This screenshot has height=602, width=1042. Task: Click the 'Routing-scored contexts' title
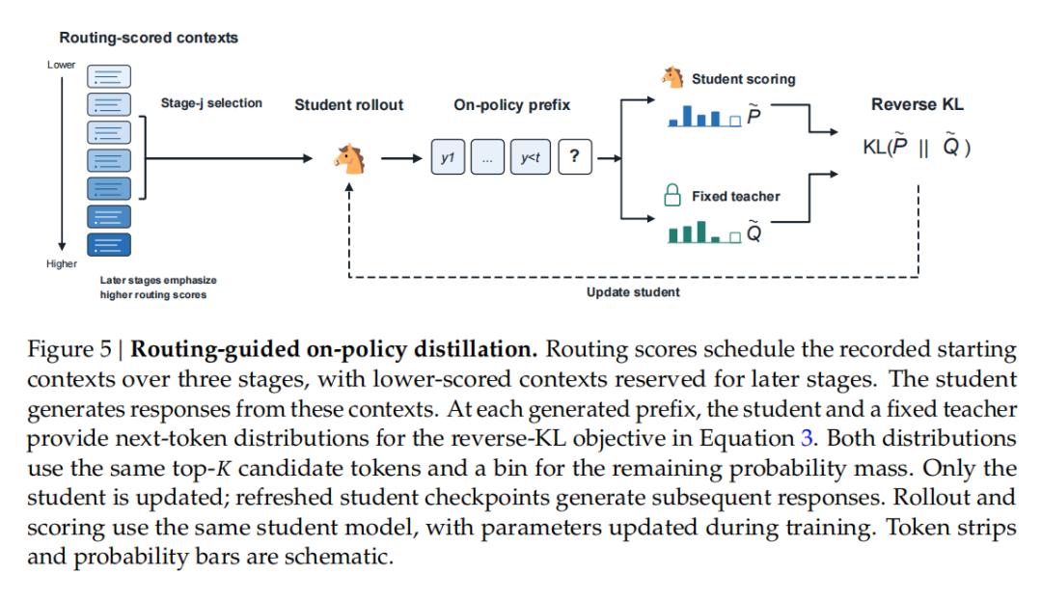(x=149, y=38)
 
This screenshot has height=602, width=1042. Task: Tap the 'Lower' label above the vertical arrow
(x=61, y=65)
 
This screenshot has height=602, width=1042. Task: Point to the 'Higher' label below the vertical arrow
(x=61, y=263)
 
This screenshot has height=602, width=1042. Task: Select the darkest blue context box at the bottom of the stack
(x=109, y=244)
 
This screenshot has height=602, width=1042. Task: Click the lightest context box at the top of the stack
(x=109, y=76)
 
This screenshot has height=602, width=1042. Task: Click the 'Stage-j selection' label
(x=211, y=103)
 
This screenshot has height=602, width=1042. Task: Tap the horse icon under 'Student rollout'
(x=350, y=159)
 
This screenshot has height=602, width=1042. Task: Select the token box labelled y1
(x=448, y=157)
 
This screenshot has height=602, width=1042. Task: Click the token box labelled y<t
(x=531, y=157)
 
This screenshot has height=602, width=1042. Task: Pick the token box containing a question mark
(x=575, y=157)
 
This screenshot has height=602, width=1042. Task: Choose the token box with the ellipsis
(x=488, y=157)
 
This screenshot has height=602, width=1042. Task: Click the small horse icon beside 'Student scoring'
(x=672, y=77)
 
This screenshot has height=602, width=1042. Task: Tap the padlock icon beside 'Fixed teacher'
(x=672, y=195)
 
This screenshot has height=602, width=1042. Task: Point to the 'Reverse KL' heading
(x=918, y=104)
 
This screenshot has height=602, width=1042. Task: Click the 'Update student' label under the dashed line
(x=633, y=292)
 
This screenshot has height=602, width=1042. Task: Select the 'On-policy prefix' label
(x=511, y=105)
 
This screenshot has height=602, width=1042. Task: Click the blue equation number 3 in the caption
(x=807, y=438)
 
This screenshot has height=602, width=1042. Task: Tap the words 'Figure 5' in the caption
(x=69, y=349)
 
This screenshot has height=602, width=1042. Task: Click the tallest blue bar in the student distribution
(x=687, y=116)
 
